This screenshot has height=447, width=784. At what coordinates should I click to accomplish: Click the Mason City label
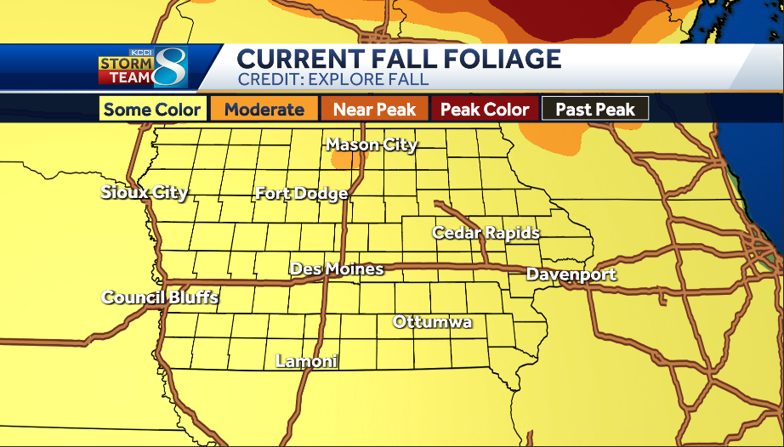tap(372, 144)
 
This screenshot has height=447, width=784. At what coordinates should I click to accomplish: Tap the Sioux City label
tap(144, 192)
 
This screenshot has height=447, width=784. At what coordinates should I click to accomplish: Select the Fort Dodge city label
tap(301, 194)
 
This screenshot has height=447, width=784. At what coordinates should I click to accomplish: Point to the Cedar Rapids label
tap(486, 233)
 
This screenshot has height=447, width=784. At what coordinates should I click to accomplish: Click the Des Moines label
tap(337, 269)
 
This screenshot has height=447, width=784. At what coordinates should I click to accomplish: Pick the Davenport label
tap(571, 274)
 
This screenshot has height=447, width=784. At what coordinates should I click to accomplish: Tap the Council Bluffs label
tap(160, 297)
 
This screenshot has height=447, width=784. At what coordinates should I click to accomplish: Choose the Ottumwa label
tap(432, 322)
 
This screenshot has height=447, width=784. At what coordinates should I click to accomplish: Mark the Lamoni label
tap(307, 361)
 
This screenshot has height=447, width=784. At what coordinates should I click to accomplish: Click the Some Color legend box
tap(152, 110)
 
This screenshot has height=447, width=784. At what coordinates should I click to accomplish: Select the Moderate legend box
tap(264, 110)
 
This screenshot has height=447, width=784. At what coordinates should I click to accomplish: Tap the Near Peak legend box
tap(374, 110)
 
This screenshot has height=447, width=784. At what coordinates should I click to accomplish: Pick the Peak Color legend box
tap(485, 110)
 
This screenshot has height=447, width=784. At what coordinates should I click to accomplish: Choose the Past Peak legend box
tap(594, 110)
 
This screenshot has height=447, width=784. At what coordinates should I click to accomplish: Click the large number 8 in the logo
tap(169, 66)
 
